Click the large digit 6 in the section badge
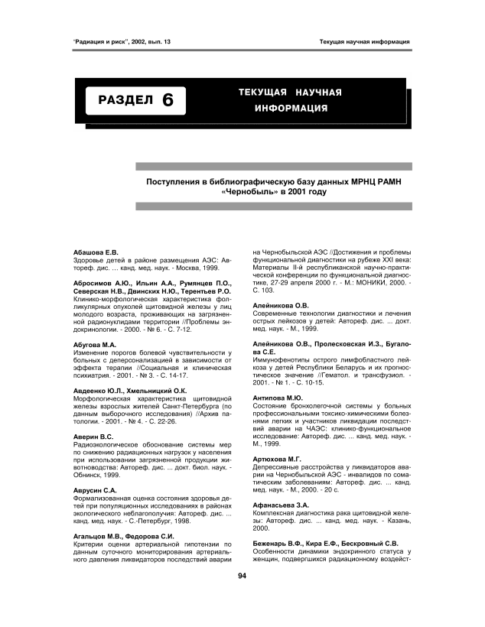point(169,100)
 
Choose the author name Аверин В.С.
point(84,436)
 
